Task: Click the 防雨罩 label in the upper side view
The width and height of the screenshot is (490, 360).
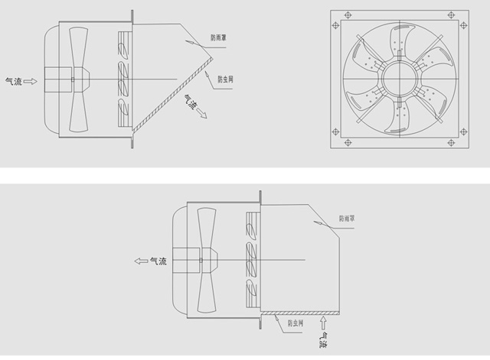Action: tap(218, 37)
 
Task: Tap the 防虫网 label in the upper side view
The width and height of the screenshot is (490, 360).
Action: tap(225, 79)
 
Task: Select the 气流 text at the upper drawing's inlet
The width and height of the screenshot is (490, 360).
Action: tap(14, 82)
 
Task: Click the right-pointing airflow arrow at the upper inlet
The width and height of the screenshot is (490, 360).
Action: tap(31, 82)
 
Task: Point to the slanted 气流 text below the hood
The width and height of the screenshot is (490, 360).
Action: tap(191, 102)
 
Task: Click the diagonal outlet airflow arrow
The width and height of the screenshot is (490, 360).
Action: tap(201, 113)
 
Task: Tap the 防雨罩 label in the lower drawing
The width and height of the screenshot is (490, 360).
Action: tap(347, 219)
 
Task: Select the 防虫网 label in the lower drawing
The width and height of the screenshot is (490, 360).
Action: tap(296, 323)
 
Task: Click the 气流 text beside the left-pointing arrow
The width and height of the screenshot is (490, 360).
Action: tap(158, 261)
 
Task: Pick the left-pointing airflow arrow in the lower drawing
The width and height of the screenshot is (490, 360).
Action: tap(141, 261)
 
